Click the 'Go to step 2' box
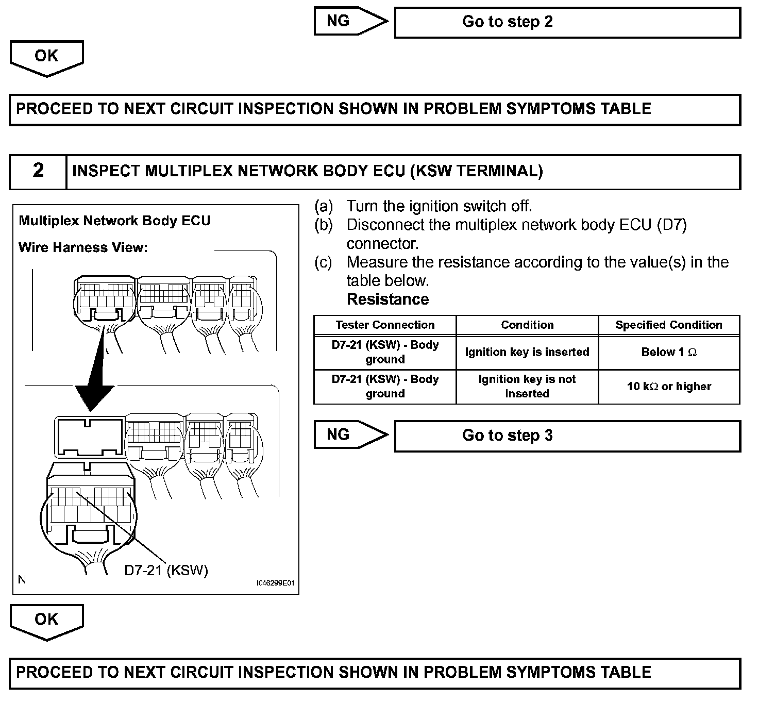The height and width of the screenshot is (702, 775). tap(567, 22)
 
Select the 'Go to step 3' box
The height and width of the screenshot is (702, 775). tap(567, 436)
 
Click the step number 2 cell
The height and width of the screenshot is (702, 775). tap(38, 172)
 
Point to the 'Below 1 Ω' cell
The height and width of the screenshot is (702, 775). tap(669, 353)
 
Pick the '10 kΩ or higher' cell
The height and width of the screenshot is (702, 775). tap(669, 387)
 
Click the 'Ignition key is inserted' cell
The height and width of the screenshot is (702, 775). tap(527, 353)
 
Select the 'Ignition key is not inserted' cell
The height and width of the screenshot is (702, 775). tap(527, 387)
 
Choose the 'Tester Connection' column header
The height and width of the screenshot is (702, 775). tap(385, 325)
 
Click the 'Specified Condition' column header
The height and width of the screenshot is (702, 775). tap(669, 325)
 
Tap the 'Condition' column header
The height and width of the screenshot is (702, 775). tap(527, 325)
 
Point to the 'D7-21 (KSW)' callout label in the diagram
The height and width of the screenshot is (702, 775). tap(166, 571)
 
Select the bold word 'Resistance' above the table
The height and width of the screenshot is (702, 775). tap(387, 299)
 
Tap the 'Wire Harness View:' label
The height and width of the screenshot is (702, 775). tap(83, 248)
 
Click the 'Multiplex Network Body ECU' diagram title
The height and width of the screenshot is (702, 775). tap(114, 221)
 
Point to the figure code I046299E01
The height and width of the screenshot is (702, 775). tap(275, 583)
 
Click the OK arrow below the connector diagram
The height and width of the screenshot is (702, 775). tap(46, 621)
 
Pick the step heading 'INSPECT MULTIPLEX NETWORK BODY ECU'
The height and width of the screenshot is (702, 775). tap(308, 171)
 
